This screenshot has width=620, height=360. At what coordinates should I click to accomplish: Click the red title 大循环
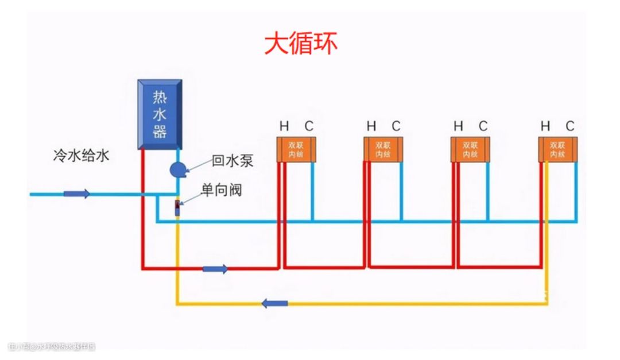pos(301,43)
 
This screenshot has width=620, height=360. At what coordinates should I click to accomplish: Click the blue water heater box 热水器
pos(160,114)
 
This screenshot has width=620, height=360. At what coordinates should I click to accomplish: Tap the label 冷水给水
pos(80,156)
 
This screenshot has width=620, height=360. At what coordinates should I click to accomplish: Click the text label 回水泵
pos(232,160)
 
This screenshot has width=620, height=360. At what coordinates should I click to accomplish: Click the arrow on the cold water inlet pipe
pos(76,194)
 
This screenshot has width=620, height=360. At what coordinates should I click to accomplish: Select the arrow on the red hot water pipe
pos(215,269)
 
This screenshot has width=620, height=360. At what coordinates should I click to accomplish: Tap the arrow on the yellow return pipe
pos(275,303)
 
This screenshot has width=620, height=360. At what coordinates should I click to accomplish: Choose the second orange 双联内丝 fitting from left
pos(383,149)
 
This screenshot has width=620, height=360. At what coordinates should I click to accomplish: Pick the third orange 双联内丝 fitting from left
pos(470,149)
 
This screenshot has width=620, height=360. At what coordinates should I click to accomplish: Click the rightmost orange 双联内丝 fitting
pos(557,149)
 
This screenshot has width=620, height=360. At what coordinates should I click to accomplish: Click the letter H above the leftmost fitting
pos(284,126)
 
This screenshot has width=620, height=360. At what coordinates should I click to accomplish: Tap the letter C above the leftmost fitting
pos(309,126)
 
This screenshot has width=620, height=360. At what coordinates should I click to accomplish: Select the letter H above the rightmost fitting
pos(545,126)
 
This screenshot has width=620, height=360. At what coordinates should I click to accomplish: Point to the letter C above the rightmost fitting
pos(570,126)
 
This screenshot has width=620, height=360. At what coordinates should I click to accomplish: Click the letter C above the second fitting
pos(396,126)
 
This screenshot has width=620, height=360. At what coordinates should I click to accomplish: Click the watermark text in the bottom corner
pos(52,347)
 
